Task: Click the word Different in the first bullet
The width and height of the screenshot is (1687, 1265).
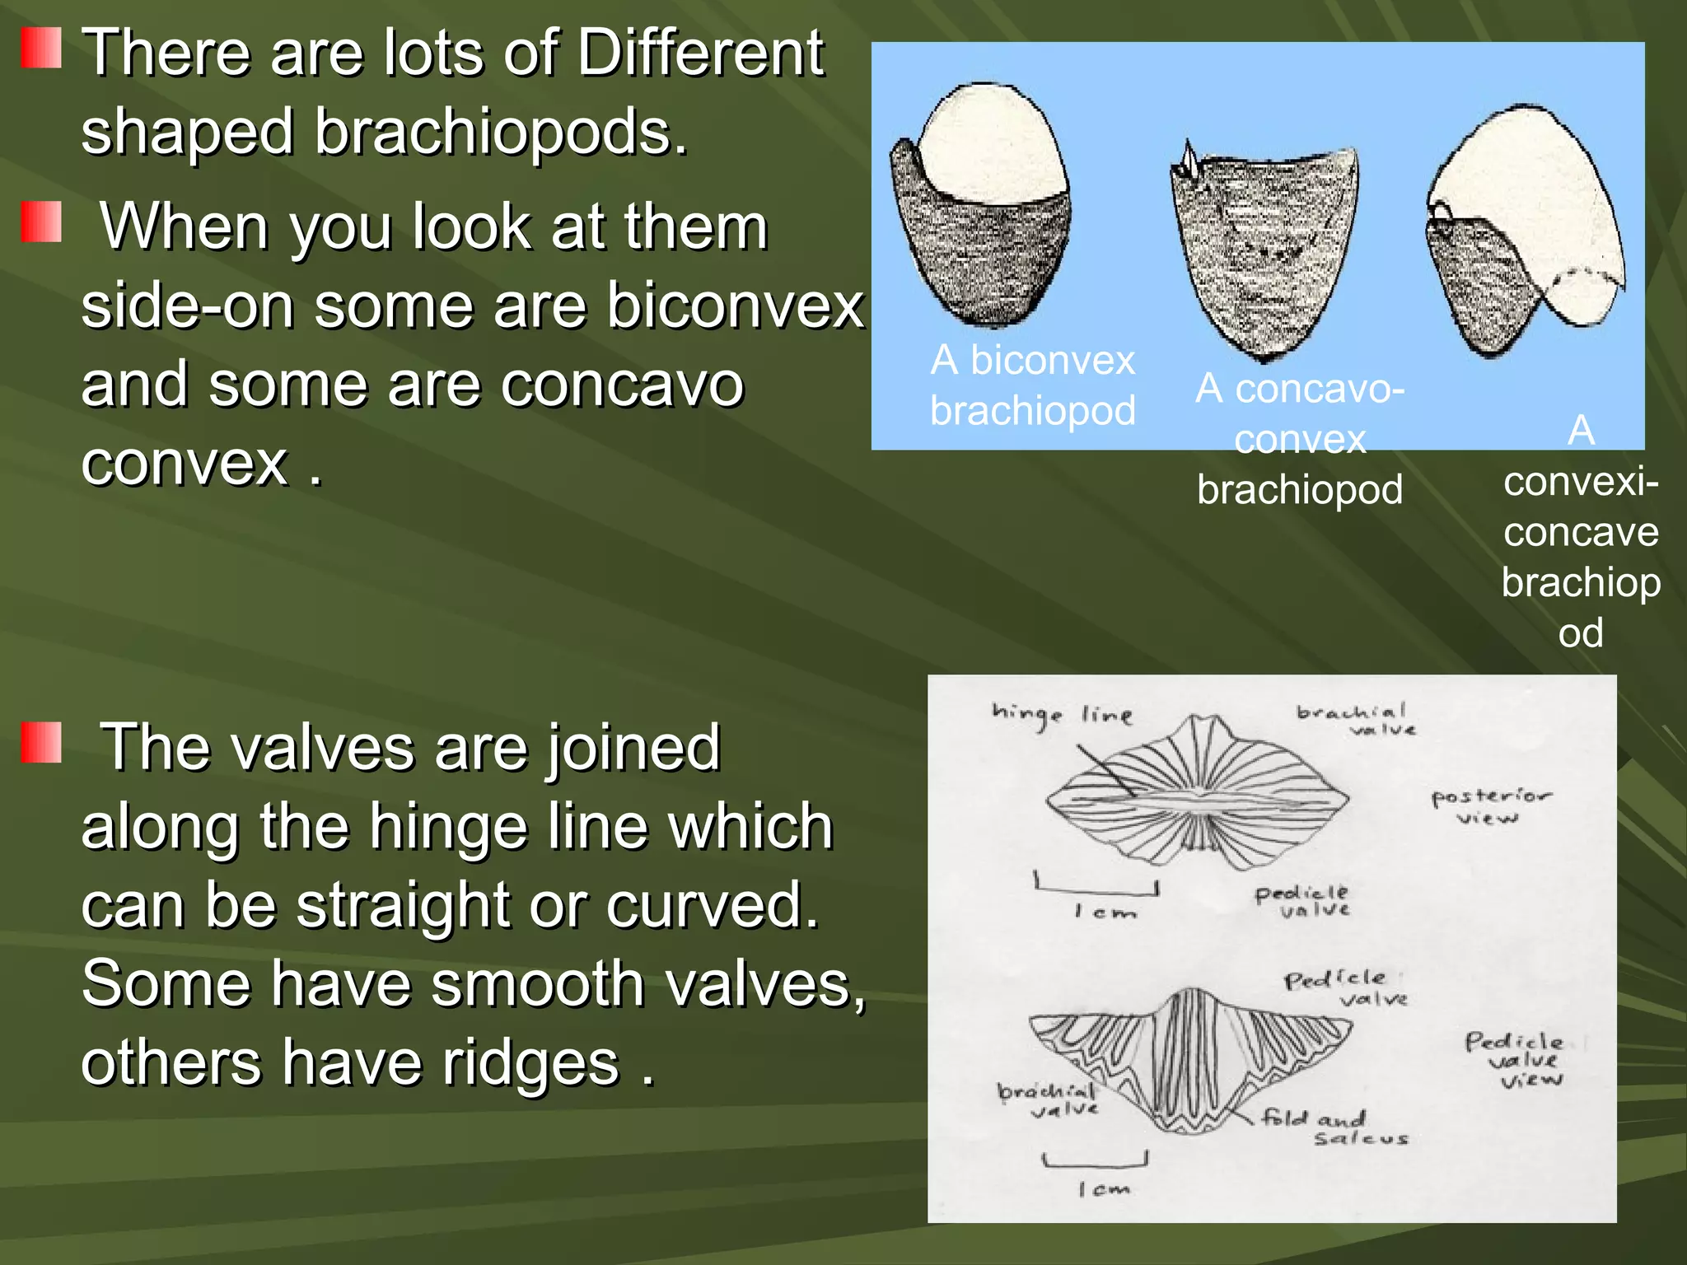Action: (x=700, y=53)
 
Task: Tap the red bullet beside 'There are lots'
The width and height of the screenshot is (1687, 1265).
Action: (x=41, y=48)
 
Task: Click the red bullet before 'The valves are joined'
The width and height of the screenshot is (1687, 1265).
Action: (x=41, y=743)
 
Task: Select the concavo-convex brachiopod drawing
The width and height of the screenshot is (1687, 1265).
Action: (x=1264, y=251)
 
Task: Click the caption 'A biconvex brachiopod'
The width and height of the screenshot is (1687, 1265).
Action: (x=1033, y=385)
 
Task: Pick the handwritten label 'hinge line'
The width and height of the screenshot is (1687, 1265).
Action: (x=1063, y=715)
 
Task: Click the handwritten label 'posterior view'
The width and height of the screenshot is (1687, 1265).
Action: (x=1491, y=806)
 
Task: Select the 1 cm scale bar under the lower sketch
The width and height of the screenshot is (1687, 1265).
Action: (x=1095, y=1160)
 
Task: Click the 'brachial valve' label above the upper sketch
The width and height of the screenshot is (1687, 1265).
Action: (x=1355, y=721)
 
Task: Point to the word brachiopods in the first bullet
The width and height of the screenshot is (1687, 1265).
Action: (x=500, y=132)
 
